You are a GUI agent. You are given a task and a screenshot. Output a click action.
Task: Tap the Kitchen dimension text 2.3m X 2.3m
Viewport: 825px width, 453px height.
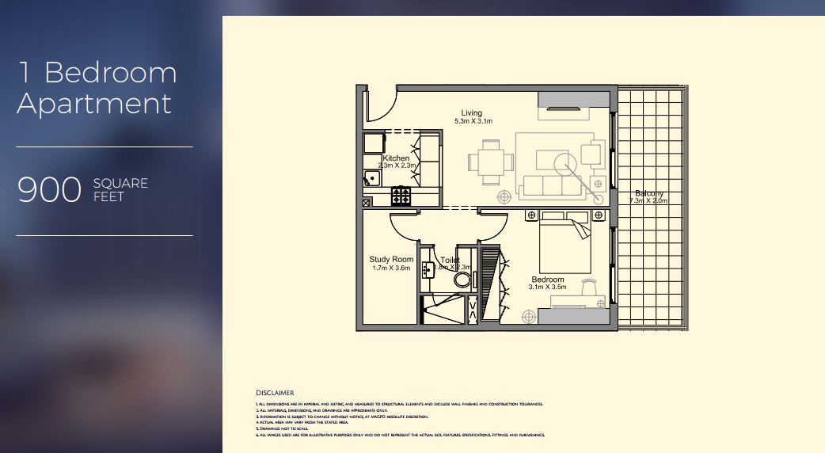[x=396, y=166]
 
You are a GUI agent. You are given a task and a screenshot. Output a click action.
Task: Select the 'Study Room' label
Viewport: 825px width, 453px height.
[x=391, y=260]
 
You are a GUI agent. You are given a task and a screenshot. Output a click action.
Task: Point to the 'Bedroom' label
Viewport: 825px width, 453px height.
[x=547, y=280]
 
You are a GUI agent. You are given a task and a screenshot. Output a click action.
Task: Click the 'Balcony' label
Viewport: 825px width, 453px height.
[x=648, y=193]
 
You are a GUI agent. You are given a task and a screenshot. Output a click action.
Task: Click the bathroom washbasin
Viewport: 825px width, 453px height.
[x=428, y=268]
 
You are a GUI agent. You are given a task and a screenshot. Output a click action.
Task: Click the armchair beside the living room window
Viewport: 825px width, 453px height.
[x=591, y=152]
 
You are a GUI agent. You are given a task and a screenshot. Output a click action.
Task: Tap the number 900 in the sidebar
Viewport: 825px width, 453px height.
[x=50, y=191]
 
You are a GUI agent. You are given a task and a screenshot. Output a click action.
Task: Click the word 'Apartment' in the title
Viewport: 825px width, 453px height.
[x=94, y=104]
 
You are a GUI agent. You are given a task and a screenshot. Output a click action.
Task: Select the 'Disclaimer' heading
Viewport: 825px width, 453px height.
[x=275, y=393]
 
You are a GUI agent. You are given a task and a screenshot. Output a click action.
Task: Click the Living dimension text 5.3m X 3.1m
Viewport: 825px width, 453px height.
[x=473, y=122]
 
